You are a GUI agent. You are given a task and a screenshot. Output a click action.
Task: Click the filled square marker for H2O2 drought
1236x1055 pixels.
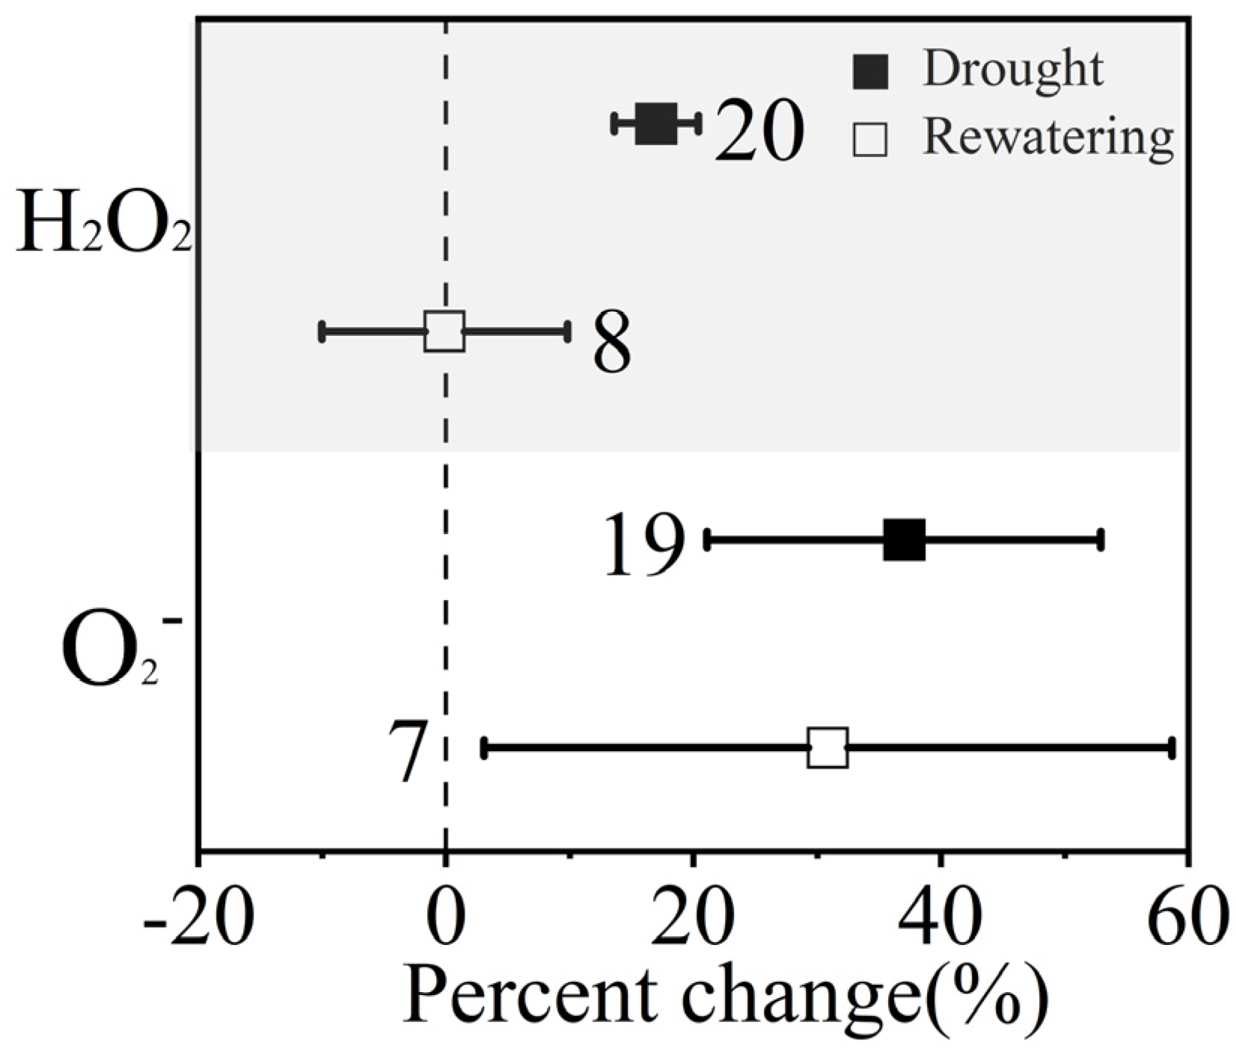656,123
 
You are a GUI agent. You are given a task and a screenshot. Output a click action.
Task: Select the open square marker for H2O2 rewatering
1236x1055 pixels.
444,331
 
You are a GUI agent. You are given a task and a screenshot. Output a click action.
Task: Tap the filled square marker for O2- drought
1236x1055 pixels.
904,539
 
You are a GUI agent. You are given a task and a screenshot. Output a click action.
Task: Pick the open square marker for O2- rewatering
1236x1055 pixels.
827,747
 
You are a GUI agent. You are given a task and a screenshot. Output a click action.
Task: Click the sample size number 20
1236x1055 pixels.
758,132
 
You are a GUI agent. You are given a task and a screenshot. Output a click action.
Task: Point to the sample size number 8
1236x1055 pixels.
612,343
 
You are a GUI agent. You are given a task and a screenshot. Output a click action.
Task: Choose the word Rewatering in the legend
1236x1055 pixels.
1047,137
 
